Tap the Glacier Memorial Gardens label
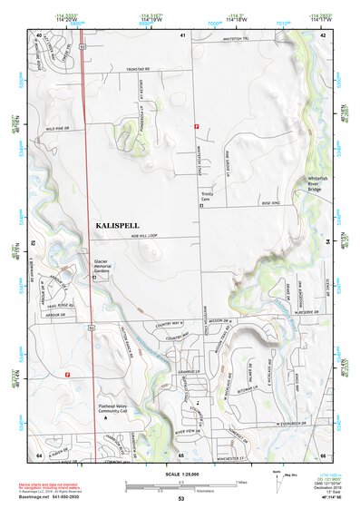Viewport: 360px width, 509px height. [108, 267]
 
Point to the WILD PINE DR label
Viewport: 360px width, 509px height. [58, 129]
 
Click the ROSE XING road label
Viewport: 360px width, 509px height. [270, 204]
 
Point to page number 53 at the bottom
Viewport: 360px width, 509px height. [181, 499]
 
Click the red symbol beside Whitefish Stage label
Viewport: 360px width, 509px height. [196, 126]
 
